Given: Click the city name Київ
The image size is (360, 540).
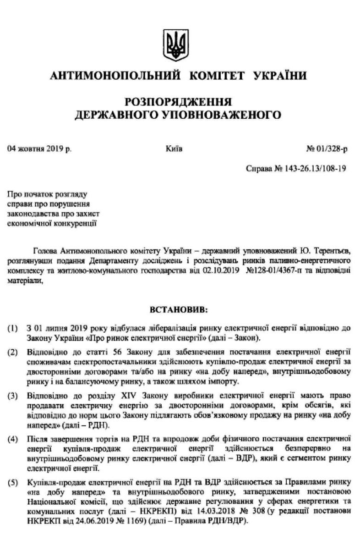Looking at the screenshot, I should click(175, 149).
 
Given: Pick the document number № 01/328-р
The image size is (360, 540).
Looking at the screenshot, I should click(327, 149).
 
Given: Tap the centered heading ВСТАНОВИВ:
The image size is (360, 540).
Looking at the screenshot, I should click(179, 311).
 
